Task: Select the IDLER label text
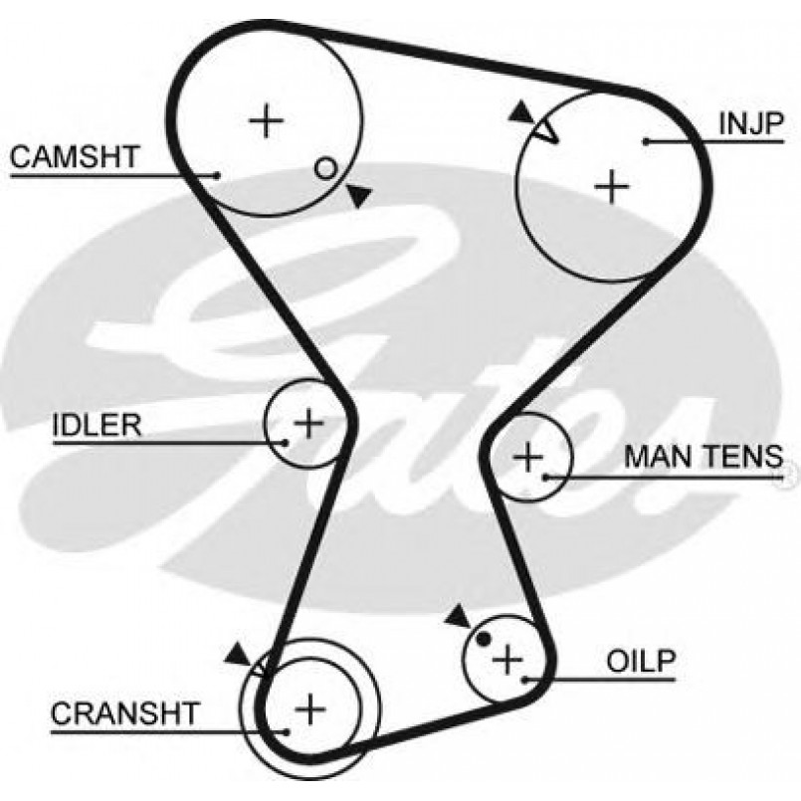pyautogui.click(x=97, y=425)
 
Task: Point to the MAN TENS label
pyautogui.click(x=702, y=457)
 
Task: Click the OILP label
pyautogui.click(x=641, y=660)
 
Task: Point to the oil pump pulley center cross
pyautogui.click(x=508, y=658)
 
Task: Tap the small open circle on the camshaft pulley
pyautogui.click(x=324, y=168)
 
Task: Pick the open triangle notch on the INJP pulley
pyautogui.click(x=544, y=130)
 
